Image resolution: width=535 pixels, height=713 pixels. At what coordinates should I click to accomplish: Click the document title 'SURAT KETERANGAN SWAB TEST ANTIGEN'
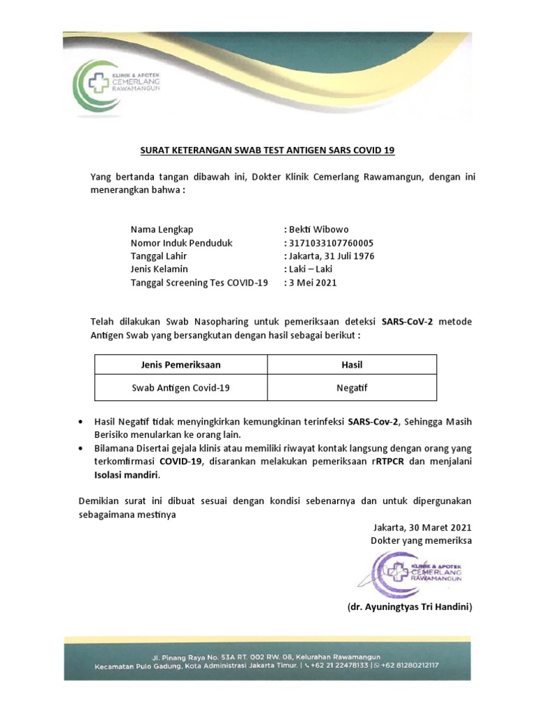(x=267, y=150)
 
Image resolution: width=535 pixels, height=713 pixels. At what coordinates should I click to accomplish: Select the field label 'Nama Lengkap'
(x=162, y=230)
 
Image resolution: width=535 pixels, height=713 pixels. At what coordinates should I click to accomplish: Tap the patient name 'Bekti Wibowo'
(x=319, y=230)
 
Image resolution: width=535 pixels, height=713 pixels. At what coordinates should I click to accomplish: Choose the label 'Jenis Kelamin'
(x=159, y=269)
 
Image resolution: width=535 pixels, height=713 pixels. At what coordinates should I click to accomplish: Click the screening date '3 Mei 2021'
(x=313, y=283)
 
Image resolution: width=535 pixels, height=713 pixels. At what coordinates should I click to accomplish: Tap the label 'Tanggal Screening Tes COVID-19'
(x=199, y=283)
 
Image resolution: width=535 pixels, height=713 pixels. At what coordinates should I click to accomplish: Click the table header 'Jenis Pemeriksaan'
(x=180, y=365)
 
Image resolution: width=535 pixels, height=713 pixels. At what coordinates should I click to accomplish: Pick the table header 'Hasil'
(x=352, y=365)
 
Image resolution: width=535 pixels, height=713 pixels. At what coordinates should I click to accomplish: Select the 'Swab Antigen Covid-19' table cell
(x=180, y=388)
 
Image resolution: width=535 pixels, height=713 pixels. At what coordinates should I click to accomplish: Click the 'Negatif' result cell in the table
(x=352, y=388)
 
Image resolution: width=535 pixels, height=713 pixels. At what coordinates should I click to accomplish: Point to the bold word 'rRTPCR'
(x=390, y=461)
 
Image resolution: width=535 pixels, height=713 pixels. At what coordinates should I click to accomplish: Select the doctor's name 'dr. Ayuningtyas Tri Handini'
(x=410, y=607)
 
